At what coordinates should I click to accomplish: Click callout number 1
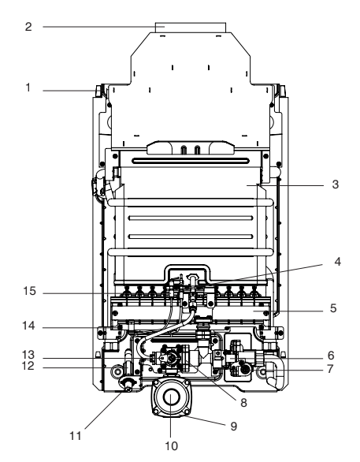28,88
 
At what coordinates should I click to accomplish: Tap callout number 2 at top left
28,27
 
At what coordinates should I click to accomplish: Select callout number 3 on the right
336,184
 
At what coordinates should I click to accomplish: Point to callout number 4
338,262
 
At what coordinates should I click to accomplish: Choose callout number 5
333,308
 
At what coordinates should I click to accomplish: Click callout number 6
331,356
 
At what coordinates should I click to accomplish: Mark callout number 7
330,369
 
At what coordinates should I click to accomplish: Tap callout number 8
243,403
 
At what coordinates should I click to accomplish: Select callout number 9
234,427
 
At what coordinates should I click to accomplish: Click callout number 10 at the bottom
171,446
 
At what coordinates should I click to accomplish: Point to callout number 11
76,436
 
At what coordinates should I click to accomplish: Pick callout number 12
28,367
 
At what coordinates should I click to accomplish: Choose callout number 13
28,355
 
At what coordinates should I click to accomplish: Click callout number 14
28,326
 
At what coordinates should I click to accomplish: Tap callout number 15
29,291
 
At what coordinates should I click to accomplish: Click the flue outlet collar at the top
191,28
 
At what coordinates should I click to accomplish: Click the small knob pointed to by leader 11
128,386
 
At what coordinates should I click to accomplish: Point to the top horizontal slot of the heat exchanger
191,161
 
